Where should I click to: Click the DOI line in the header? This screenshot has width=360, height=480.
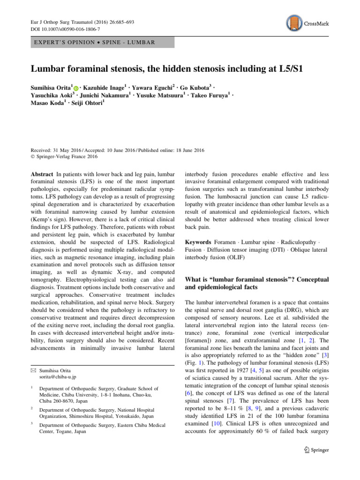point(63,29)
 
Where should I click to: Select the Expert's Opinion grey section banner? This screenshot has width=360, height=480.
point(102,43)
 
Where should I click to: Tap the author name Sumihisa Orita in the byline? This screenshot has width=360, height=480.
point(51,88)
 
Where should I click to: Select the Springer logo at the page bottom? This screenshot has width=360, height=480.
point(316,450)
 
